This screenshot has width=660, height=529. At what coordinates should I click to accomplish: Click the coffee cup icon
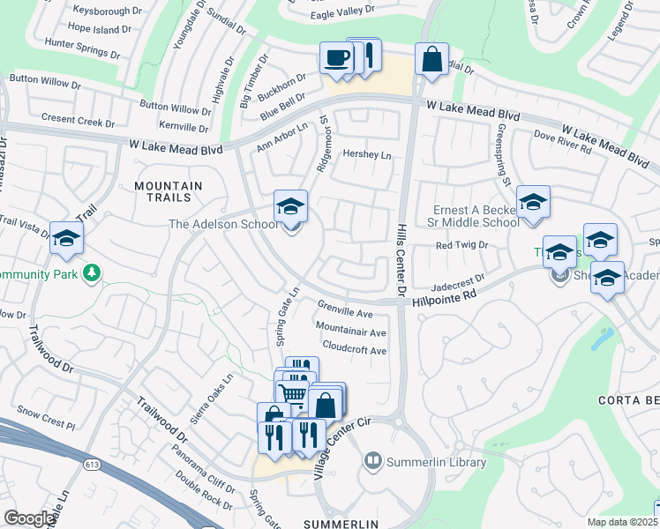[336, 58]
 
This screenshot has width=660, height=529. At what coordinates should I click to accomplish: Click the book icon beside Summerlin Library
[373, 461]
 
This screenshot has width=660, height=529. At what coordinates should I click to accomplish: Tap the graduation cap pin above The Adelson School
[290, 206]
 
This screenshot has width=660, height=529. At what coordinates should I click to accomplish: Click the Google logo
[29, 518]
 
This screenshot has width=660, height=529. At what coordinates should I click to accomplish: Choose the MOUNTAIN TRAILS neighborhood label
[168, 193]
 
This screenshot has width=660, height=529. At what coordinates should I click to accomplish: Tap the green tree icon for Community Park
[90, 272]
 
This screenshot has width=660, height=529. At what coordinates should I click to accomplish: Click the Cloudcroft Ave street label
[355, 349]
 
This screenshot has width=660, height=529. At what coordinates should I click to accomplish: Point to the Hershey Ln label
[366, 154]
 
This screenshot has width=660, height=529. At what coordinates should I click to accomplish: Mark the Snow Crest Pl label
[47, 417]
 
